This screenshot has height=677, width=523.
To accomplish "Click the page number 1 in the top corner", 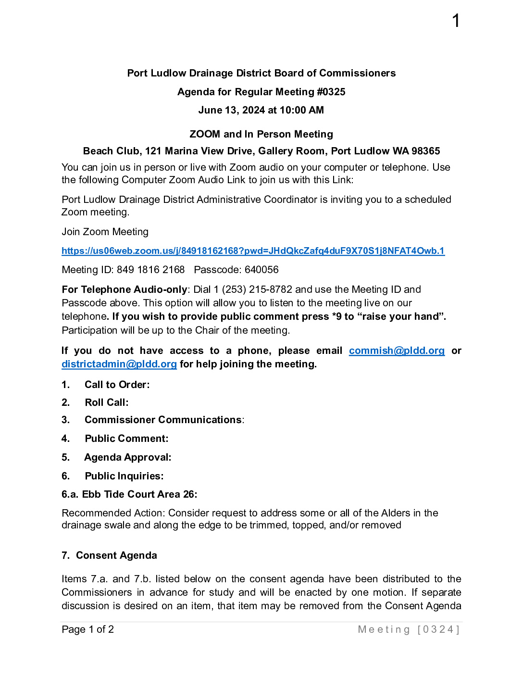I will (456, 21).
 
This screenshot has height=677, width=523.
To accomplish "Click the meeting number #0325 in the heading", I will (331, 92).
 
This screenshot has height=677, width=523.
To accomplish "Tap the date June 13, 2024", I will (232, 110).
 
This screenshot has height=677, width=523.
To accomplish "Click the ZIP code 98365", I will (425, 151).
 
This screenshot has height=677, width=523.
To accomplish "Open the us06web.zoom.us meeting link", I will (253, 251).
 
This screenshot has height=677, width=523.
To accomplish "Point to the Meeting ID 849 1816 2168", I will (150, 270).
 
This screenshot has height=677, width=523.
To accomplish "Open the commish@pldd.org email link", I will (397, 351).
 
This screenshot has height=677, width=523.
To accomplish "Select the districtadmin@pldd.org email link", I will (119, 364).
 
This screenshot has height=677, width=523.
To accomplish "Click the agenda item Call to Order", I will (117, 385).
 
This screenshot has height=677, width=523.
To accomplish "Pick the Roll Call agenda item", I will (106, 402).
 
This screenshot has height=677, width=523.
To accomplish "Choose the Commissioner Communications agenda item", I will (163, 420).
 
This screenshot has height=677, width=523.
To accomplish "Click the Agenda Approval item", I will (127, 457).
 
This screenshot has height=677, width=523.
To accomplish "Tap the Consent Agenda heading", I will (116, 555).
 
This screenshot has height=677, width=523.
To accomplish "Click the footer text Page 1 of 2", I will (87, 629).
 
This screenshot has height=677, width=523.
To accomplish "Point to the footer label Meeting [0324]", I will (409, 629).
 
